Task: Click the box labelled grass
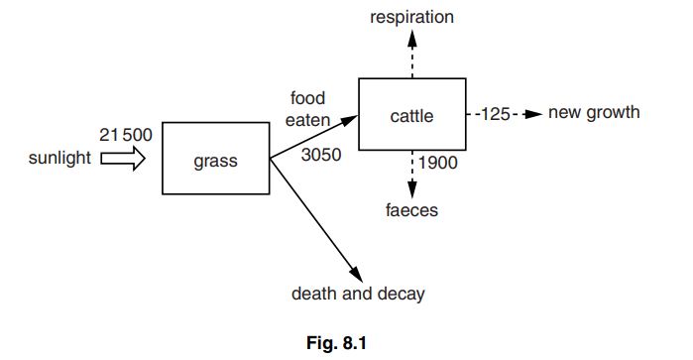pos(215,159)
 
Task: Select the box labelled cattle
pos(410,115)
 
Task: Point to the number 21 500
pos(125,135)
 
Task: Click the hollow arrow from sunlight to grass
pos(122,160)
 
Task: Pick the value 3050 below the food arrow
pos(320,156)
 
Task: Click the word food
pos(307,98)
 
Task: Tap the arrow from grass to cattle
pos(313,138)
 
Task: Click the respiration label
pos(411,17)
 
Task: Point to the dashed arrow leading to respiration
pos(411,54)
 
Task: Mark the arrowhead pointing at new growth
pos(533,113)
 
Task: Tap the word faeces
pos(411,210)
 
